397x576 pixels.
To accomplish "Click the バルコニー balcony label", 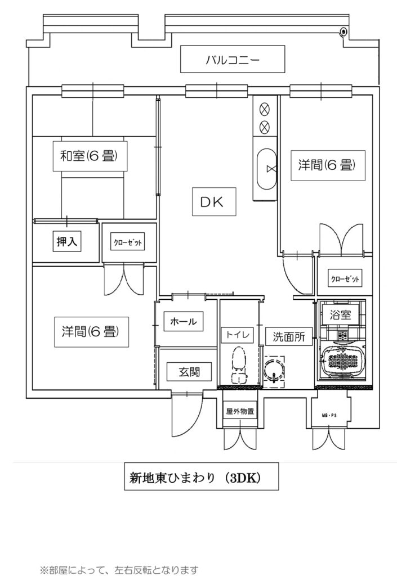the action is click(x=233, y=59).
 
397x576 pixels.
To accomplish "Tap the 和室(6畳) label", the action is click(x=89, y=156).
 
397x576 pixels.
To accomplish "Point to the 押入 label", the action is click(x=66, y=241).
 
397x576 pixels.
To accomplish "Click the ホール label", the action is click(x=183, y=321).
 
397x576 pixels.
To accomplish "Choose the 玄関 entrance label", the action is click(x=189, y=372).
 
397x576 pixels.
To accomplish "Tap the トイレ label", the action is click(x=238, y=334).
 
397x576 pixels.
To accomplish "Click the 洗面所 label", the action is click(x=288, y=336).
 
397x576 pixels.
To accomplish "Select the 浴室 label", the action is click(x=340, y=314).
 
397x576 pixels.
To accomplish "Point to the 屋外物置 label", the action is click(x=240, y=411).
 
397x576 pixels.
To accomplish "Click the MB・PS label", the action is click(x=329, y=416).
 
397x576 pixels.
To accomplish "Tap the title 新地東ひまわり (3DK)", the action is click(x=195, y=478).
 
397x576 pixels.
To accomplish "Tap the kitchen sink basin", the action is click(x=266, y=169).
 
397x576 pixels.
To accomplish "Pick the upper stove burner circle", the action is click(x=265, y=109).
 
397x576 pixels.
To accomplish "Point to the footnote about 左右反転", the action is click(x=119, y=570).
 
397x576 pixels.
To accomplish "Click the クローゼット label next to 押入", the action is click(x=128, y=242).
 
